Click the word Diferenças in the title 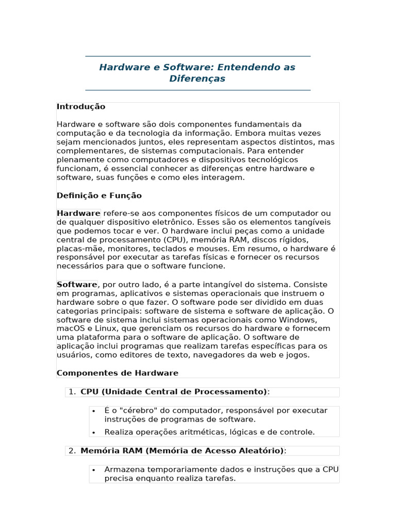[197, 79]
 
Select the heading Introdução [81, 106]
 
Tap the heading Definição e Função [99, 196]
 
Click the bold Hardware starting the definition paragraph [78, 213]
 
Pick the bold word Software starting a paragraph [77, 285]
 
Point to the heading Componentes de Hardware [117, 373]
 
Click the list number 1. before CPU [73, 392]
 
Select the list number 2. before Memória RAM [73, 451]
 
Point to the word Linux [106, 329]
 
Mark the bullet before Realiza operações [94, 432]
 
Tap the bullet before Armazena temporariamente [94, 470]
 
